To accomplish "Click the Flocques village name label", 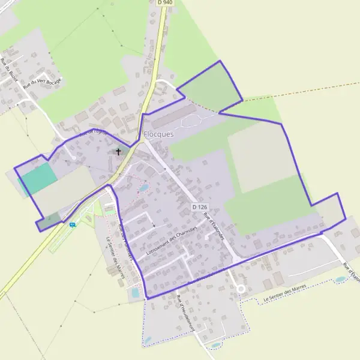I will click(158, 134).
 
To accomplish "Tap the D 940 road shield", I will click(164, 2).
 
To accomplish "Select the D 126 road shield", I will click(200, 207).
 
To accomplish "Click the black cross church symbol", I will click(118, 152).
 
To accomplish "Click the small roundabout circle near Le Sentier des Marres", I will click(241, 289).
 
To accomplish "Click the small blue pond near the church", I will click(143, 188).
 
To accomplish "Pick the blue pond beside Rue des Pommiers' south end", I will click(134, 292).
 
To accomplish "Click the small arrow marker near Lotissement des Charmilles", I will click(154, 225).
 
